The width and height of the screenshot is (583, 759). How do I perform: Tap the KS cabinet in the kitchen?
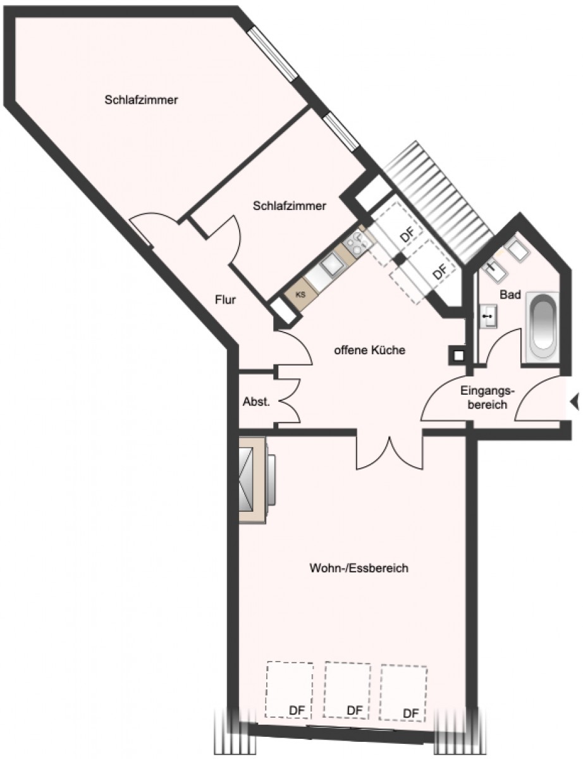coord(300,295)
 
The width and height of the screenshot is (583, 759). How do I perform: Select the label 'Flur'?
coord(225,300)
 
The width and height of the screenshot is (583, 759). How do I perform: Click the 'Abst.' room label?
coord(256,402)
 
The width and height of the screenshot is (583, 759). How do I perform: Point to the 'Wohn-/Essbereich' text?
coord(359,568)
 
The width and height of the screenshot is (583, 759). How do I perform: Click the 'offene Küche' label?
coord(370,350)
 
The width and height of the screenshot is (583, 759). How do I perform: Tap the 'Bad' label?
coord(510,295)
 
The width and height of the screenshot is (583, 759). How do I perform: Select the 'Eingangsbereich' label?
coord(488,398)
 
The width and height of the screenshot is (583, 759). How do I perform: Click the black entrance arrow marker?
coord(575,401)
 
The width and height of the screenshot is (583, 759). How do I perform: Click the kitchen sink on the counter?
coord(331,267)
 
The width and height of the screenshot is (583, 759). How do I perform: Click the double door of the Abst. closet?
coord(289,401)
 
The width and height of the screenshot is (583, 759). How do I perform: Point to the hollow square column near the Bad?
coord(458,355)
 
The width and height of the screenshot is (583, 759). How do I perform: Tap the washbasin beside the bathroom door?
coord(488,316)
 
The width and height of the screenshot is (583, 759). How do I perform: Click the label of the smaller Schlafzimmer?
coord(290,206)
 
